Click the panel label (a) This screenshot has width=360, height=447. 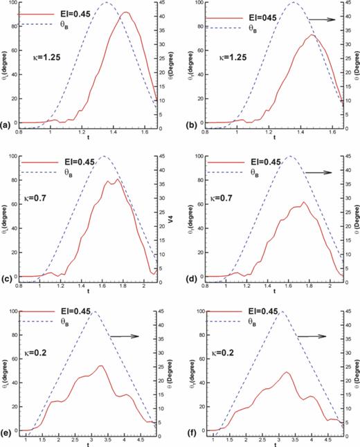(x=6, y=126)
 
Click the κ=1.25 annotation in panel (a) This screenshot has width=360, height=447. (x=41, y=58)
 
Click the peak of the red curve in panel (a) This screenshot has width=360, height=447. (x=125, y=12)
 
